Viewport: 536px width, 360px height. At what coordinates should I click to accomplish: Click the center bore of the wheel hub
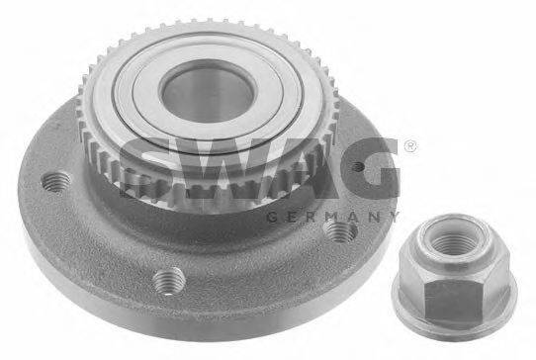pos(208,92)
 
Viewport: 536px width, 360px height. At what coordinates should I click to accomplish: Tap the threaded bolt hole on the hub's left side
pos(55,182)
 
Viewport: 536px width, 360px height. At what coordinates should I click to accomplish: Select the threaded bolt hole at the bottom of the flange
pos(169,280)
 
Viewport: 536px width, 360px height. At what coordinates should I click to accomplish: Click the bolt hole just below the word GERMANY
pos(340,230)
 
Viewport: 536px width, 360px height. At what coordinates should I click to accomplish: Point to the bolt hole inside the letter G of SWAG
pos(358,166)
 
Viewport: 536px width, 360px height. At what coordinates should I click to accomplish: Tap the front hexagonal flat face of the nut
pos(452,301)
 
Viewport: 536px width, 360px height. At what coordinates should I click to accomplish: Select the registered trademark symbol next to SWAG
pos(409,147)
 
